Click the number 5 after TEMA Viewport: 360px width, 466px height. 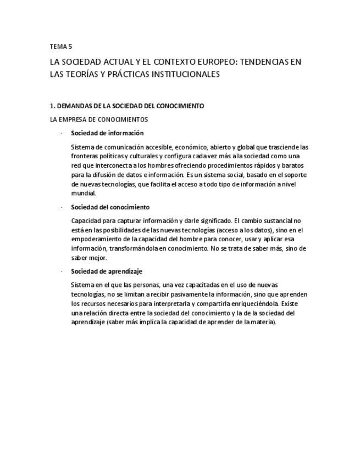tap(70, 47)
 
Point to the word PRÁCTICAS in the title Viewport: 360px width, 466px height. tap(120, 74)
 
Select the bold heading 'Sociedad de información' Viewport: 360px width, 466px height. tap(107, 133)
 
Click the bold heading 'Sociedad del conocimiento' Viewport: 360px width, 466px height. tap(110, 207)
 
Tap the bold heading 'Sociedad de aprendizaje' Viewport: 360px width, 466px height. tap(107, 271)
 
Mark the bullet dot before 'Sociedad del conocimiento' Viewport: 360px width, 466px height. tap(62, 208)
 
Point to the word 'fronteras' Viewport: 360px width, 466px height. tap(84, 157)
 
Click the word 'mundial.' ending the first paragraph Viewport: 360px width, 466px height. tap(84, 193)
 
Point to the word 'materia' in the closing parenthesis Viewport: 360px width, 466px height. tap(263, 322)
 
